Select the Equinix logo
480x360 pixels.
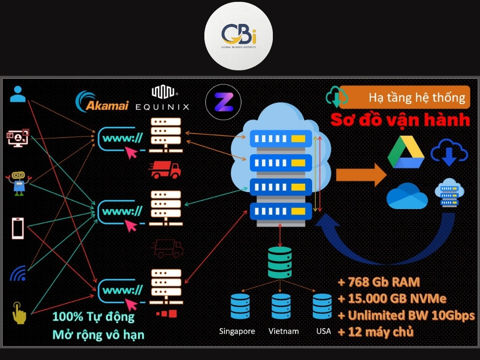[x=163, y=98]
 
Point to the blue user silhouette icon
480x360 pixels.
[x=18, y=94]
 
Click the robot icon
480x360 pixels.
[x=18, y=182]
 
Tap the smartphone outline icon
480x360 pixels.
[x=18, y=229]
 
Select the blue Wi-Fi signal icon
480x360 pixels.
[x=18, y=273]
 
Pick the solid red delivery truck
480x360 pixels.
[x=165, y=170]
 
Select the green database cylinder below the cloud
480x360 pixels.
[x=279, y=262]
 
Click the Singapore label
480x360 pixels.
[x=237, y=331]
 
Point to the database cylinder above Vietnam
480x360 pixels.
[x=281, y=307]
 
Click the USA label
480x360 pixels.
[x=323, y=331]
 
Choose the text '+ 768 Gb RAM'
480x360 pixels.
[x=378, y=282]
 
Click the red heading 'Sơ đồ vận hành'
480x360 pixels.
[x=400, y=120]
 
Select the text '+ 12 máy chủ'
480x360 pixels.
[x=375, y=332]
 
